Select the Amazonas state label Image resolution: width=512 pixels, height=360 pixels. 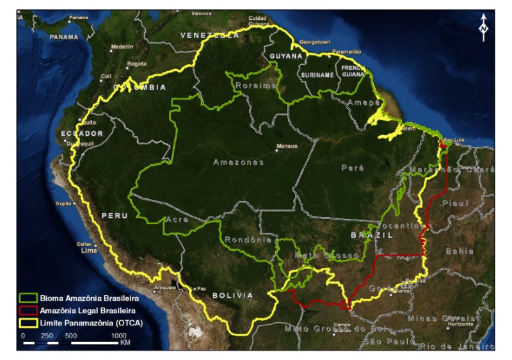238,163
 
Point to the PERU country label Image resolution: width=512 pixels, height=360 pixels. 115,216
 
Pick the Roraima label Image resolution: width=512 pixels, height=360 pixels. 255,85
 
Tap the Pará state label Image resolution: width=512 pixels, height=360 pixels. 353,168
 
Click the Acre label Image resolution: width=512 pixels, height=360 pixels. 175,220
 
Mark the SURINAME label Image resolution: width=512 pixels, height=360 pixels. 317,75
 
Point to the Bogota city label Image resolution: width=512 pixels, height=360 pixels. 137,63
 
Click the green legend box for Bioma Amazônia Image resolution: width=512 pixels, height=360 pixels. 28,298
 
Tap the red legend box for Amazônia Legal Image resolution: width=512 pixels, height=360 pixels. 28,310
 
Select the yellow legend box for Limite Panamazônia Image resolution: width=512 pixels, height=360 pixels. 28,322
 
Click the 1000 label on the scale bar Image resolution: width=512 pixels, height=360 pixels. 119,335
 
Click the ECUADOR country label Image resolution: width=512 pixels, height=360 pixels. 82,133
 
